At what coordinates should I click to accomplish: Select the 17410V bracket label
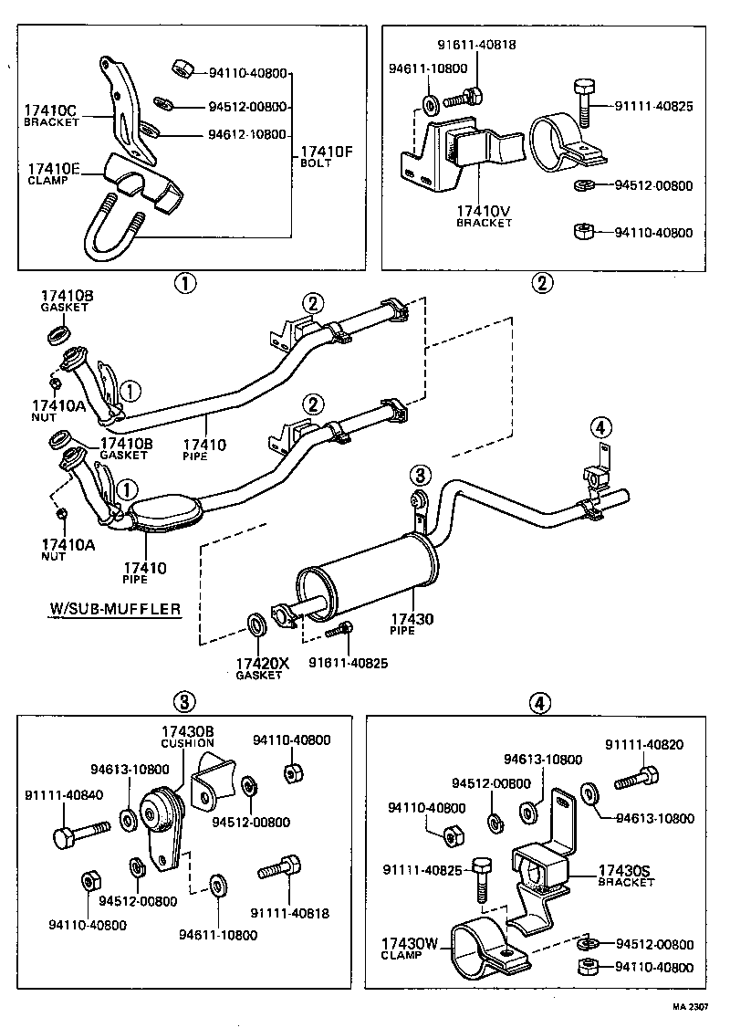click(484, 213)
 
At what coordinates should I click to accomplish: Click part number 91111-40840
click(64, 794)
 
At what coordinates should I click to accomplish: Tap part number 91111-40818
click(292, 912)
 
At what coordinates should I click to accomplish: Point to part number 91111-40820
click(644, 746)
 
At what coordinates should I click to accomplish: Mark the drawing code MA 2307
click(691, 1007)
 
